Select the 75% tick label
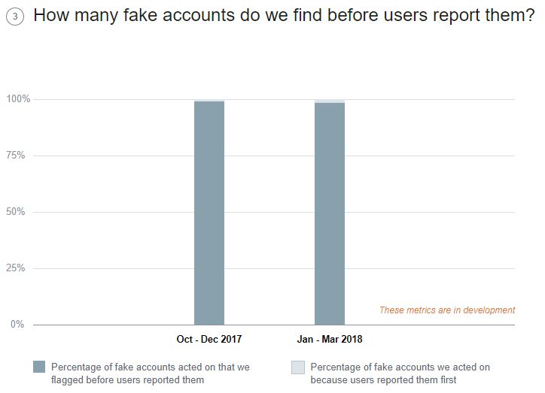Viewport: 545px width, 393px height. coord(19,156)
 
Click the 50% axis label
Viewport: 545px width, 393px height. coord(19,212)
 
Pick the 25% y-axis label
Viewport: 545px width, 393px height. coord(19,268)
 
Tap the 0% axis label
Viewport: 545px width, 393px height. coord(18,325)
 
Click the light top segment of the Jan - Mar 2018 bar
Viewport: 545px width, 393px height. coord(330,101)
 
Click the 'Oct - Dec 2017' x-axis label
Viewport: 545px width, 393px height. coord(209,340)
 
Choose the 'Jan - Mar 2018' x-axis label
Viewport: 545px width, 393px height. coord(330,340)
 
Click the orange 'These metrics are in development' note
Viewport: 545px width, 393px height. coord(447,310)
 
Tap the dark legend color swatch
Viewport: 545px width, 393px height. coord(39,367)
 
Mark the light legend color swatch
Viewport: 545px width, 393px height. coord(298,367)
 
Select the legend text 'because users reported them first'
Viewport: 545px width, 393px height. coord(383,380)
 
